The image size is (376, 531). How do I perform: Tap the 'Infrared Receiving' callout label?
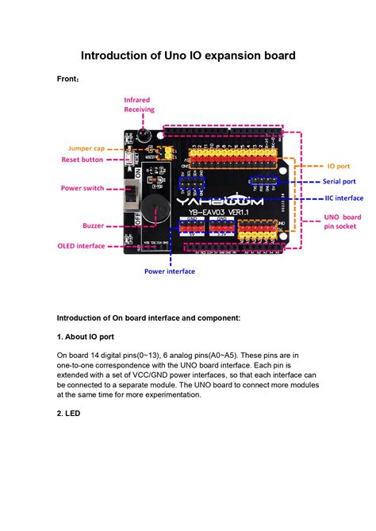(139, 105)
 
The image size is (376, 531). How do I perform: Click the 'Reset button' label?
(82, 160)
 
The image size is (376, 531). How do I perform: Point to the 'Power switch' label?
(82, 188)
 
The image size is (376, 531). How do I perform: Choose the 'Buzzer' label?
(94, 225)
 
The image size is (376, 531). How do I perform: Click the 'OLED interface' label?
(81, 246)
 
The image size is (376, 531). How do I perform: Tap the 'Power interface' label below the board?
(169, 271)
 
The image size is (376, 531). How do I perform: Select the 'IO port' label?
(339, 167)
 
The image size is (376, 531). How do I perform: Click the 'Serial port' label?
(339, 182)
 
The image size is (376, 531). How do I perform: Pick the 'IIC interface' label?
(343, 198)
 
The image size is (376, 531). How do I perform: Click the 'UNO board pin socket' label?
(343, 221)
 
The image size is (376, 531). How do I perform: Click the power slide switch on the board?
(131, 194)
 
